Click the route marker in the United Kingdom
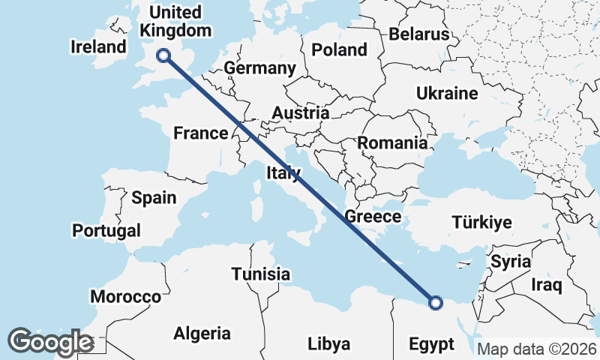163,55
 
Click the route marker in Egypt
436,303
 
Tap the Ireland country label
99,46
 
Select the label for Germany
260,68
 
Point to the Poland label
340,50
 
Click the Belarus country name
418,34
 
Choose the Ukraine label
447,94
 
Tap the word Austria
300,113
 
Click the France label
200,133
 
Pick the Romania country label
392,142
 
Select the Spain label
154,198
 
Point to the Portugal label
106,229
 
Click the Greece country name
373,217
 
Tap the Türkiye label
481,222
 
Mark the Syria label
511,262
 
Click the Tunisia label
260,274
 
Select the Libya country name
328,344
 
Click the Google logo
50,342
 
